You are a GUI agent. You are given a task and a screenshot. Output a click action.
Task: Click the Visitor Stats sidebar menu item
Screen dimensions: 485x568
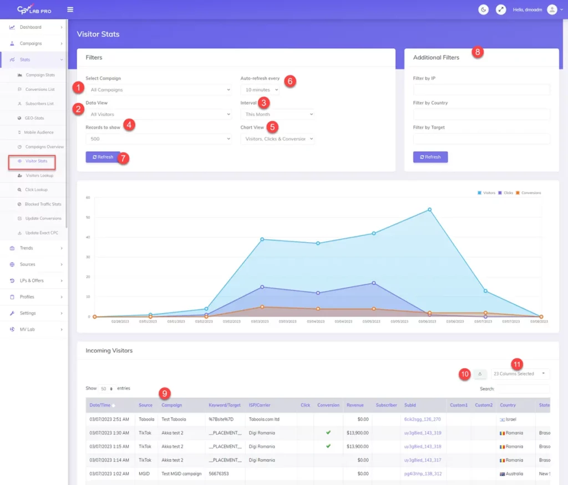tap(36, 161)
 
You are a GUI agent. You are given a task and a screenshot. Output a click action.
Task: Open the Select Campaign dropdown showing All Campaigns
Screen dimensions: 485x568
tap(158, 90)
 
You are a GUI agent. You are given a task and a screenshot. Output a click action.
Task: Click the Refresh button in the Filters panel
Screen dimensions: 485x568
tap(103, 157)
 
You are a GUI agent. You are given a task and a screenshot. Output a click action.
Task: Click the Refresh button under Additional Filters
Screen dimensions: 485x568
tap(430, 157)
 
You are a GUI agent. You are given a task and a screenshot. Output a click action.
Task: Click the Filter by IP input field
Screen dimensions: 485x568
tap(481, 90)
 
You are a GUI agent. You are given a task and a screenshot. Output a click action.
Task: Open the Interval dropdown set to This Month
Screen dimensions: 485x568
tap(277, 114)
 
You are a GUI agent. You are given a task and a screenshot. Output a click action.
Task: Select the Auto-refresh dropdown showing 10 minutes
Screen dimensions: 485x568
tap(260, 90)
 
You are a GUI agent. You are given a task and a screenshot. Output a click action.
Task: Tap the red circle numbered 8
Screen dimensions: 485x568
tap(477, 52)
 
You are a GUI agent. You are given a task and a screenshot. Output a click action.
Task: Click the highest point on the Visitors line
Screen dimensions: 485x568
tap(429, 210)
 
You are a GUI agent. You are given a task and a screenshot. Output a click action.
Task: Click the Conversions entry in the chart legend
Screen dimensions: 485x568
tap(530, 193)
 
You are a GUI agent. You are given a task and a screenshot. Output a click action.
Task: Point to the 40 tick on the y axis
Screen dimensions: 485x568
tap(88, 237)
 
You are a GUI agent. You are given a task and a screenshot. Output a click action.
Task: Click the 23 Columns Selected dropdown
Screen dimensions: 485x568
tap(520, 374)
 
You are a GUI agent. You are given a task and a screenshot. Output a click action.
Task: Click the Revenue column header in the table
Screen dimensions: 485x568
tap(355, 405)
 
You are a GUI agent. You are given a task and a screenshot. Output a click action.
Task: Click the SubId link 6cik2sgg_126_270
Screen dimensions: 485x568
tap(423, 420)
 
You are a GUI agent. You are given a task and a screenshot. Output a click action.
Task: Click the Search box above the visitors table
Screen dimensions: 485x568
tap(522, 389)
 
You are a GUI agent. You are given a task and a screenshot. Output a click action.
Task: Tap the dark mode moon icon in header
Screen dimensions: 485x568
tap(483, 9)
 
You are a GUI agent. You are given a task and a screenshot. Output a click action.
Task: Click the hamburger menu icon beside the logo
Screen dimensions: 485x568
tap(70, 9)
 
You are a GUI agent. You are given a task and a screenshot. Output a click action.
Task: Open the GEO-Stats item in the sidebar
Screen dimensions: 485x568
tap(34, 118)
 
